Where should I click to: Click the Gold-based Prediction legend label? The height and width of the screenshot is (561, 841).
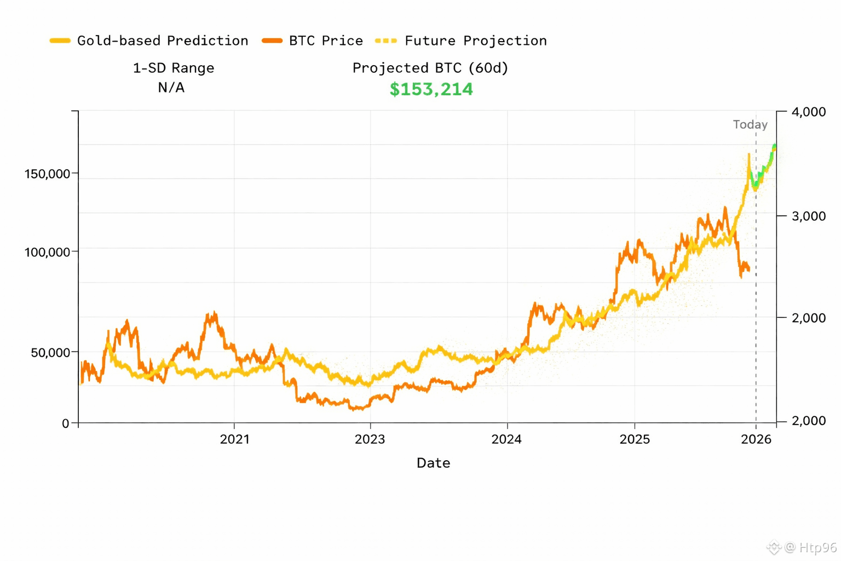click(163, 41)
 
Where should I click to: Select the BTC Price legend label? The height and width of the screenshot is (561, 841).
click(326, 41)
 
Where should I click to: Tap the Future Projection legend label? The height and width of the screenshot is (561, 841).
click(475, 41)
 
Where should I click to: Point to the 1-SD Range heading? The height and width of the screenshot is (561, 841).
click(174, 68)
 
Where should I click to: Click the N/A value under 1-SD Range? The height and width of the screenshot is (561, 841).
click(171, 88)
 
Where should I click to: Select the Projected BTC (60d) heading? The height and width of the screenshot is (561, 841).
click(430, 68)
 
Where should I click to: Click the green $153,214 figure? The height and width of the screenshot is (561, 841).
click(431, 89)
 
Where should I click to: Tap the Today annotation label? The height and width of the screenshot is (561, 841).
click(750, 124)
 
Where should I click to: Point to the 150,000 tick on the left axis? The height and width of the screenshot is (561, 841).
click(47, 174)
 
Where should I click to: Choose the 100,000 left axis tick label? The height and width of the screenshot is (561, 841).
click(47, 253)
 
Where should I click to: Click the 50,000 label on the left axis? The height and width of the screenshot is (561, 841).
click(50, 352)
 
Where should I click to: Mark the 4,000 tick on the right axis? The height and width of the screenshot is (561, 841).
click(809, 112)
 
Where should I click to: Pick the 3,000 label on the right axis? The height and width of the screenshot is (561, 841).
click(809, 216)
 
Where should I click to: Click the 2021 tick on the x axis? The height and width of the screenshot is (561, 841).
click(234, 439)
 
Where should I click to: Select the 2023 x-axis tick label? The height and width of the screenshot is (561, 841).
click(370, 439)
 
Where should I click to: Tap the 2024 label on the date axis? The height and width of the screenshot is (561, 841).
click(506, 439)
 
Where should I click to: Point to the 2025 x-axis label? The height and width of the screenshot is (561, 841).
click(635, 439)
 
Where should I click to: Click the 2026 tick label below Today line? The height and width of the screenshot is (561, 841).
click(756, 439)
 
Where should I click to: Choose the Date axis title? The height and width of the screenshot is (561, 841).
click(433, 463)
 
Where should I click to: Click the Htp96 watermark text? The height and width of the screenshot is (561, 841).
click(817, 547)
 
